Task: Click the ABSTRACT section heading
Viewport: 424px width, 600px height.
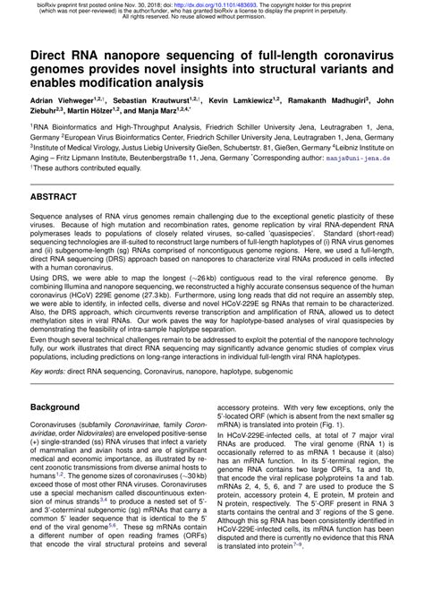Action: tap(59, 194)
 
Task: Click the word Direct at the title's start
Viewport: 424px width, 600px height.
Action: tap(52, 56)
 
